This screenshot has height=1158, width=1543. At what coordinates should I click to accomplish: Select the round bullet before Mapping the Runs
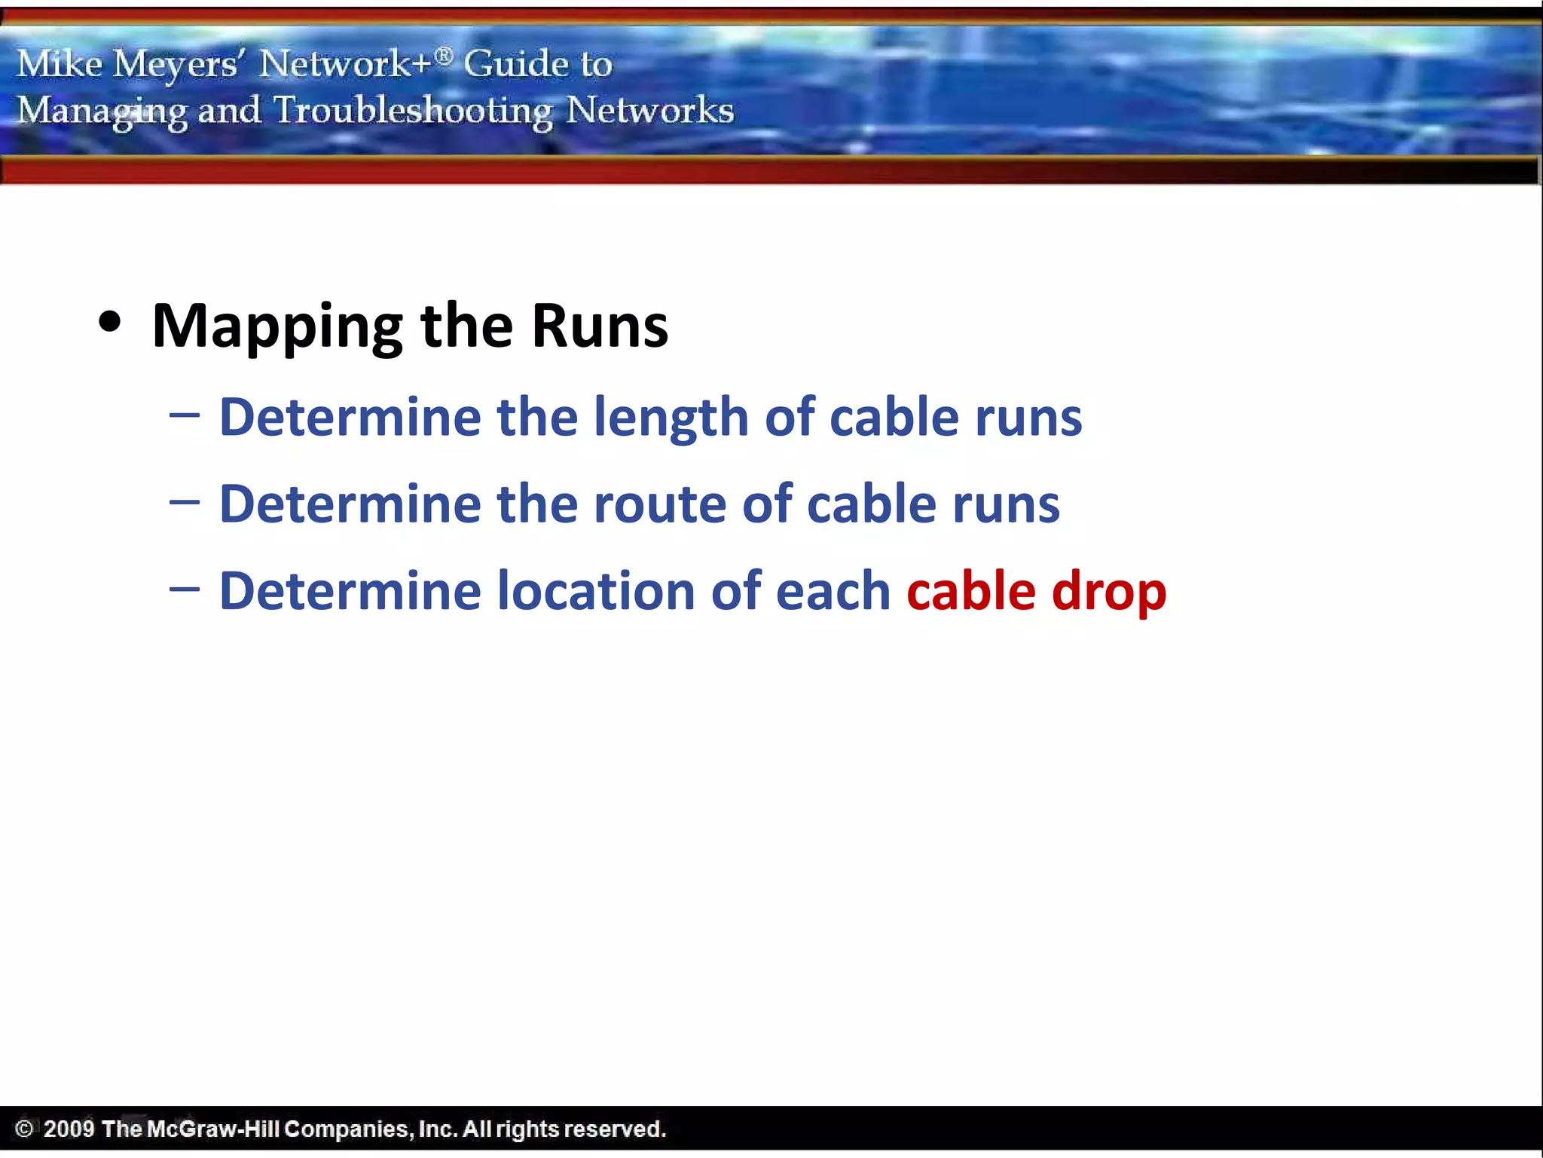click(x=110, y=323)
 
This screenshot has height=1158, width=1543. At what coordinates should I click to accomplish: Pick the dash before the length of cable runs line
click(x=185, y=415)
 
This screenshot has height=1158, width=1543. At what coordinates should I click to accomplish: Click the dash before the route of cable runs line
click(x=185, y=501)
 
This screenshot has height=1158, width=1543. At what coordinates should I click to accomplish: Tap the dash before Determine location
click(x=185, y=588)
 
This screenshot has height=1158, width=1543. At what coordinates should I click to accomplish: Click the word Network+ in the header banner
click(x=345, y=63)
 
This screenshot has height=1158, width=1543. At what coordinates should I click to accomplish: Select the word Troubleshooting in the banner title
click(x=413, y=111)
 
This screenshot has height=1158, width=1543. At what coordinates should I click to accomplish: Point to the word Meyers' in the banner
click(x=176, y=64)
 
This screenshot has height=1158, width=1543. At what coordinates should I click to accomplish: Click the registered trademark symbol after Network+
click(x=445, y=55)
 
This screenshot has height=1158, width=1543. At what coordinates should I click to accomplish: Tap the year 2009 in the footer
click(x=69, y=1129)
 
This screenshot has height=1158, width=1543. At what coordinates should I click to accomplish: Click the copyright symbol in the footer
click(x=24, y=1129)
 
